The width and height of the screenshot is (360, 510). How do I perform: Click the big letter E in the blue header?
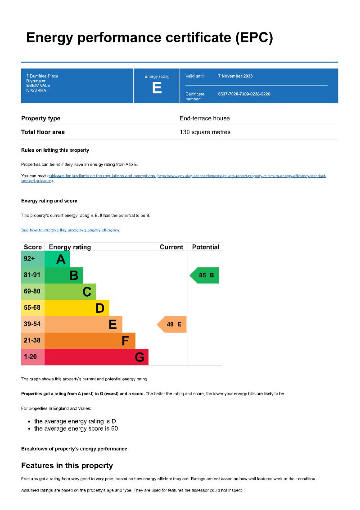157,88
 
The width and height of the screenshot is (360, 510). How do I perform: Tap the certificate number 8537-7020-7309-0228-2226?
244,94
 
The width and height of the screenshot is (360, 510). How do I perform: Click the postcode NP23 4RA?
36,90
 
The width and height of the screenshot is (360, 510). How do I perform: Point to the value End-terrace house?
204,118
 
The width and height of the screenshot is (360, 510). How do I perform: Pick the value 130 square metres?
205,132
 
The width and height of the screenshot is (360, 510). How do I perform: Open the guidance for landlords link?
101,176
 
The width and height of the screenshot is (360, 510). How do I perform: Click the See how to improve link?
70,230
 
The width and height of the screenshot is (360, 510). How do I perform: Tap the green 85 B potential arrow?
205,275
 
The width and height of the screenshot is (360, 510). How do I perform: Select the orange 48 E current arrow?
172,324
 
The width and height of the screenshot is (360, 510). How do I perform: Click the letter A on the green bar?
61,259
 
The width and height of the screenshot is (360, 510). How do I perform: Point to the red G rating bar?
96,357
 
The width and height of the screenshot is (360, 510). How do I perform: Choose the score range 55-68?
32,308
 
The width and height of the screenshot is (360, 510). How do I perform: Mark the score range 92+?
29,259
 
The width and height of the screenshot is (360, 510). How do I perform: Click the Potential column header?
206,247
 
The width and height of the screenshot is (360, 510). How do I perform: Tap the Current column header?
171,247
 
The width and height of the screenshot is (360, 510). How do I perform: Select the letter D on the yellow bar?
100,308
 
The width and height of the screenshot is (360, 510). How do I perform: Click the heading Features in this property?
67,465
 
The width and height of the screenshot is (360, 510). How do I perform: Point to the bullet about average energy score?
76,429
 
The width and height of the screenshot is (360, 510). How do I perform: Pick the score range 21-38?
32,340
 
